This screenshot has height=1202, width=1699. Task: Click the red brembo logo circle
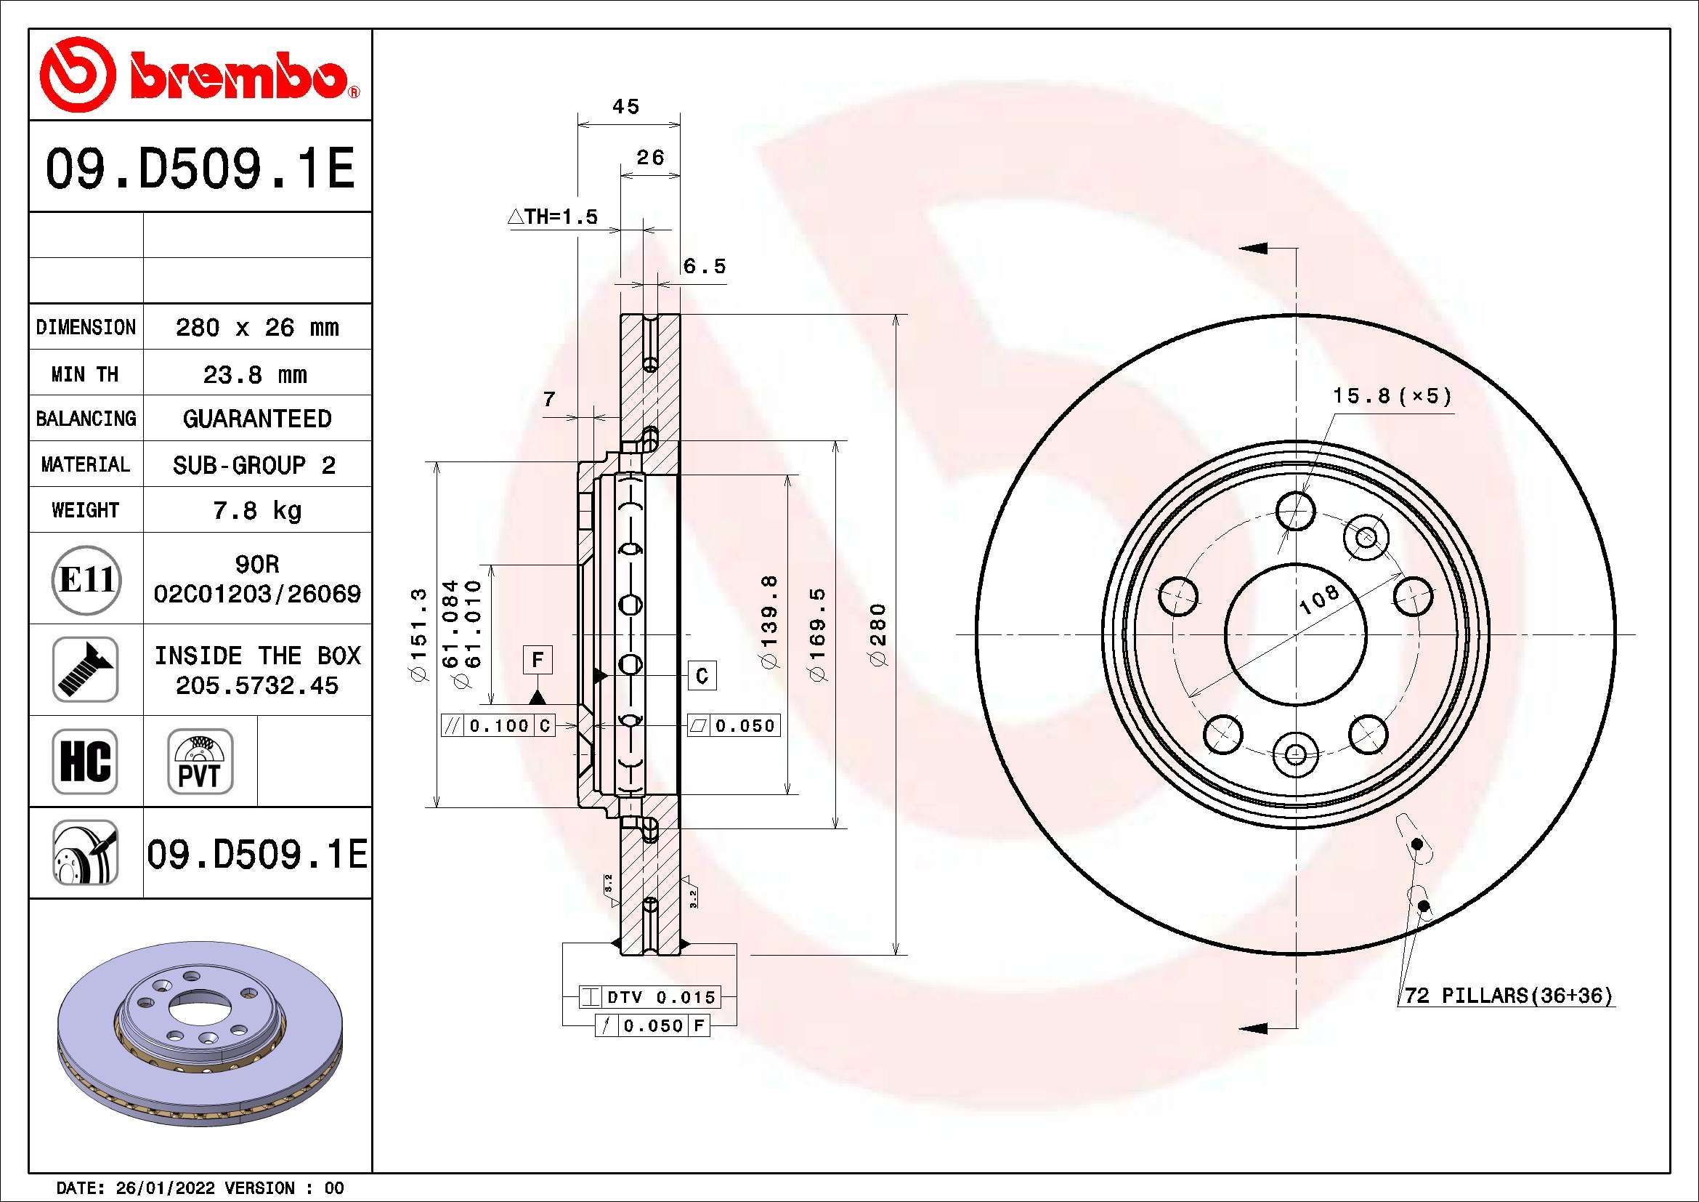(78, 76)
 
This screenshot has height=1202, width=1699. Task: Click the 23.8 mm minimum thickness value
(254, 374)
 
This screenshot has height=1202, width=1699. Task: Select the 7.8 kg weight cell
(256, 510)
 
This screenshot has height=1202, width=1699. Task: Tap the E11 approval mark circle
(86, 579)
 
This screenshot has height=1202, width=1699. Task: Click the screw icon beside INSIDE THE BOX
(86, 670)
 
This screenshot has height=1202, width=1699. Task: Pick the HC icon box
(85, 761)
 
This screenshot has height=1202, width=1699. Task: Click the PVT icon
(200, 762)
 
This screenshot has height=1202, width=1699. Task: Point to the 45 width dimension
(625, 108)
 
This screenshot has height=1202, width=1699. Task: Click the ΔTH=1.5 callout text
(553, 217)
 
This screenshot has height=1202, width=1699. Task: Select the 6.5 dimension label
(705, 267)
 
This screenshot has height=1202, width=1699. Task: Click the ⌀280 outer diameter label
(878, 634)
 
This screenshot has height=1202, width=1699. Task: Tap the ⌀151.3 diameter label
(420, 634)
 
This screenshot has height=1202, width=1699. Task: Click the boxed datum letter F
(538, 658)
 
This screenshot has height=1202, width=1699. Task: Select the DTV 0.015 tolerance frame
(649, 997)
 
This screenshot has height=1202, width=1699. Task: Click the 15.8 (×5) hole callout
(1392, 396)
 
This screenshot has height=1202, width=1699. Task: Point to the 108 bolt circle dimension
(1319, 599)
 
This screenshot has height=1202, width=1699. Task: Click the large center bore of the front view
(1295, 634)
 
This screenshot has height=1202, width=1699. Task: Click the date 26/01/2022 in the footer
(164, 1188)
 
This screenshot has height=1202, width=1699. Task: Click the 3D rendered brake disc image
(200, 1033)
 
